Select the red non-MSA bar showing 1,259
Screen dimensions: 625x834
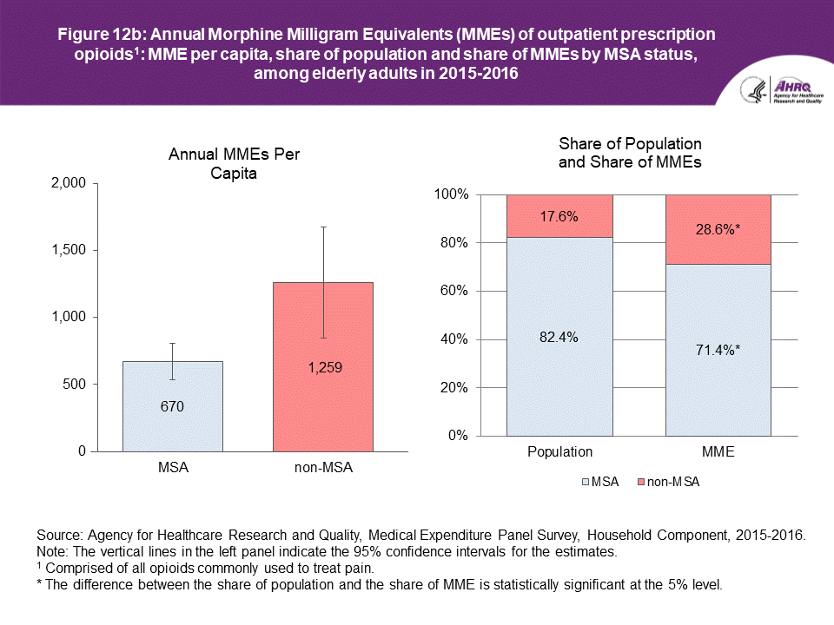coord(322,408)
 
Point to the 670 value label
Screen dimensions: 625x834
coord(172,405)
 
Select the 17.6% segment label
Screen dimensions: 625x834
coord(559,216)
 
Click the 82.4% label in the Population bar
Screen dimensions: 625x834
coord(559,336)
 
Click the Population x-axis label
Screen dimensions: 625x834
coord(559,452)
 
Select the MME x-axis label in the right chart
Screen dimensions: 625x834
coord(718,452)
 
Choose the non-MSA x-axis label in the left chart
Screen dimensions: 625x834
coord(322,468)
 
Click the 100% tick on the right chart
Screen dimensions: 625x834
coord(453,195)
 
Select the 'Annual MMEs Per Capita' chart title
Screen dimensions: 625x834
coord(228,163)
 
